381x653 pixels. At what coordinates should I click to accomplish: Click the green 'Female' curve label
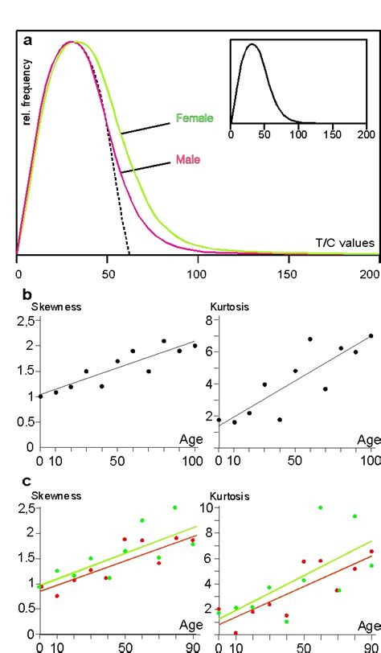(195, 118)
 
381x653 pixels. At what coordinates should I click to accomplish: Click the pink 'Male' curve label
(187, 160)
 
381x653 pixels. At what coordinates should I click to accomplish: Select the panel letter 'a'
(28, 39)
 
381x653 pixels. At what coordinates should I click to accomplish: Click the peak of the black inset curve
(252, 45)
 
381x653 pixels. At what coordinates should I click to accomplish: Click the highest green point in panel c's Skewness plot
(174, 507)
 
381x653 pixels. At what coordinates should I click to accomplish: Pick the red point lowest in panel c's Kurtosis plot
(236, 633)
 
